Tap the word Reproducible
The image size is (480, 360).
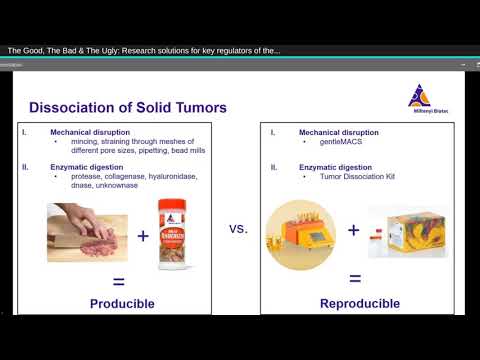pyautogui.click(x=360, y=303)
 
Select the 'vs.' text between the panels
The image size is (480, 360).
pyautogui.click(x=238, y=228)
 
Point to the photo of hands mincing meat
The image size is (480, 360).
pyautogui.click(x=82, y=232)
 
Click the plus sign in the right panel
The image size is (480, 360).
pyautogui.click(x=353, y=230)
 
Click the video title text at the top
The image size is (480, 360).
pyautogui.click(x=144, y=50)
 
